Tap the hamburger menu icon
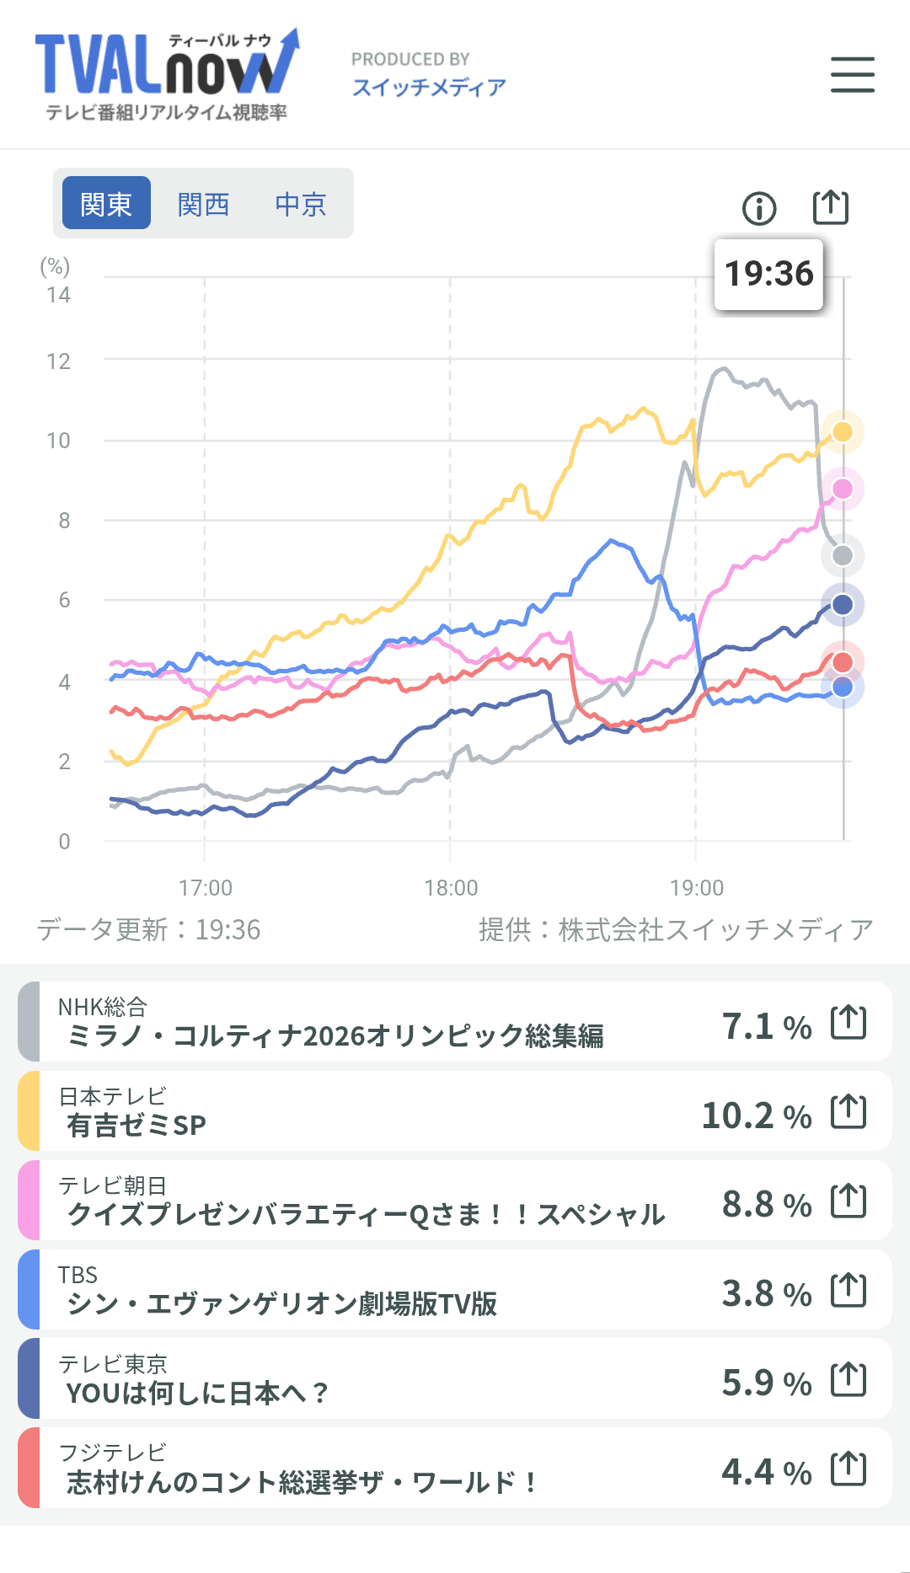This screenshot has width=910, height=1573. [852, 75]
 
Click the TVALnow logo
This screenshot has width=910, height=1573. [167, 75]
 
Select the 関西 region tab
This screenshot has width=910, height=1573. [203, 204]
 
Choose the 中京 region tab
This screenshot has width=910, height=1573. [301, 204]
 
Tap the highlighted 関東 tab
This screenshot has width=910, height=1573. [106, 204]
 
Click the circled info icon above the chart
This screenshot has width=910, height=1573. [759, 208]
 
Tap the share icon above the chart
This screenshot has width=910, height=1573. [830, 206]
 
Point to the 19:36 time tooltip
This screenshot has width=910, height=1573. [768, 274]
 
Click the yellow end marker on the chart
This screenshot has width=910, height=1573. [842, 432]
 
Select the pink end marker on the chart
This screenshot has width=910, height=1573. [842, 489]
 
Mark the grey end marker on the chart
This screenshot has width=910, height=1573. [842, 555]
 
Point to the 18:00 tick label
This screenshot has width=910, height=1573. [451, 888]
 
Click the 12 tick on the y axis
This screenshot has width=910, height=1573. [59, 361]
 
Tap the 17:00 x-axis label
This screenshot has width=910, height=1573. [206, 888]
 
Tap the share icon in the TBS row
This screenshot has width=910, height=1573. [848, 1290]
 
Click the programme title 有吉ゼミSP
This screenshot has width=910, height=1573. [136, 1125]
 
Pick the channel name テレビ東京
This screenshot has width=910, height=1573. [113, 1363]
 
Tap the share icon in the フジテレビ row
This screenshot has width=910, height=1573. [848, 1469]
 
